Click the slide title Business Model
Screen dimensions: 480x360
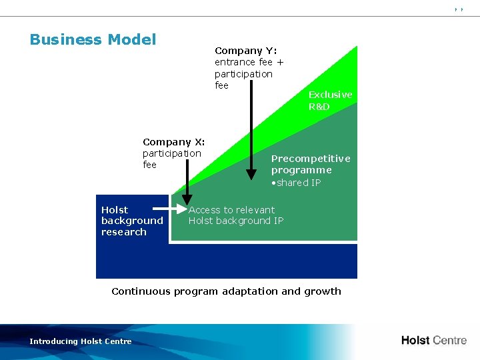coord(93,39)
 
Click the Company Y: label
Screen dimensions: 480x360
coord(245,51)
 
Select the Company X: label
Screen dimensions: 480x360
coord(173,142)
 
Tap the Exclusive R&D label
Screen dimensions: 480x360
coord(330,101)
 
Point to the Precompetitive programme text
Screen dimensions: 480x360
coord(310,164)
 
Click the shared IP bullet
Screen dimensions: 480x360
coord(296,183)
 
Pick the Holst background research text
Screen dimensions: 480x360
coord(131,221)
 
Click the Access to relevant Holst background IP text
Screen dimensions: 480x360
coord(235,215)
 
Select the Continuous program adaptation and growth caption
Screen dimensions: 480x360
coord(226,291)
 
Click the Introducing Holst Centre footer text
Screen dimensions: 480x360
coord(81,341)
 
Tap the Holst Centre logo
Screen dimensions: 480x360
coord(433,340)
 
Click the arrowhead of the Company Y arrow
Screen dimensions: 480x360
coord(251,175)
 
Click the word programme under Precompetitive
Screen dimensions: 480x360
coord(301,170)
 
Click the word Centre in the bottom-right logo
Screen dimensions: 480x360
coord(450,340)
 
